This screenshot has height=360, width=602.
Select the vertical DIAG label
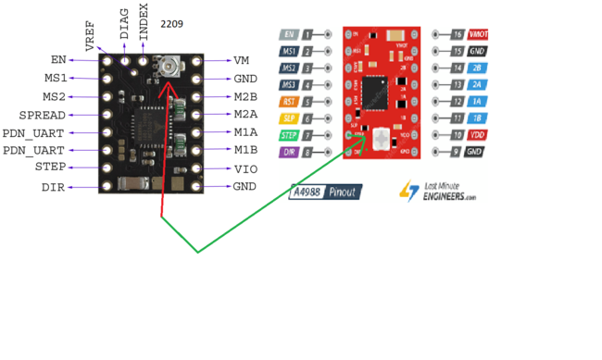[x=124, y=24]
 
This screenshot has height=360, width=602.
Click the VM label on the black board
[x=241, y=61]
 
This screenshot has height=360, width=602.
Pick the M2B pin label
[x=245, y=96]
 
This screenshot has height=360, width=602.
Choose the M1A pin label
[x=245, y=131]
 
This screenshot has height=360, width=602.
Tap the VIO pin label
[x=245, y=168]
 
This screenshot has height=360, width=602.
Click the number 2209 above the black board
[x=173, y=23]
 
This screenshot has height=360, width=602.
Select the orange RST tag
[x=288, y=102]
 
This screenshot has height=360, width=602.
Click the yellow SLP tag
[x=288, y=118]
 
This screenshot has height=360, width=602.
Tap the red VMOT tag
[x=477, y=34]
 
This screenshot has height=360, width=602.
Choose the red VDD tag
[x=476, y=135]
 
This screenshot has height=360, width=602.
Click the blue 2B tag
[x=476, y=68]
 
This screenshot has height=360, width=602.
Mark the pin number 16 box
[x=456, y=34]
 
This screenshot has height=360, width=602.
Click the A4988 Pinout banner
[x=325, y=192]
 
